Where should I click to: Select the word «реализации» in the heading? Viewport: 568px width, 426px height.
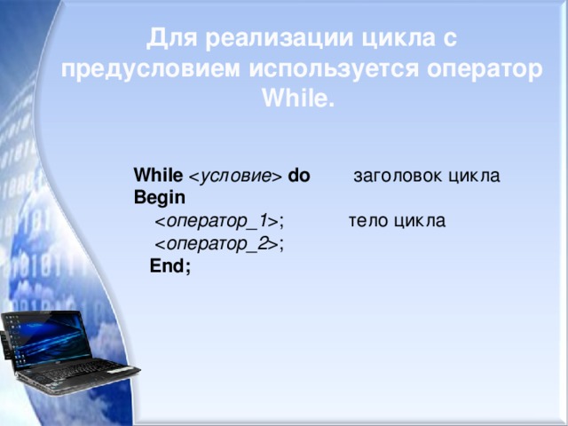[279, 39]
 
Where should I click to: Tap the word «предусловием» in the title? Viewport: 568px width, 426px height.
[150, 69]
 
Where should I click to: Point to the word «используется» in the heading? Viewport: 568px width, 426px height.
[334, 69]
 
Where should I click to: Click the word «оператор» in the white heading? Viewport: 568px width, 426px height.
[485, 70]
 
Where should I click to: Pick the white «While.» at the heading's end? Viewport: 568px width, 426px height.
[298, 98]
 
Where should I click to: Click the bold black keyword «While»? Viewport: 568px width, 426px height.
[158, 176]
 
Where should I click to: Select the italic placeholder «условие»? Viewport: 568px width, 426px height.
[235, 177]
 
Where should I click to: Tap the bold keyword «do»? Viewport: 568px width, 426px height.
[299, 176]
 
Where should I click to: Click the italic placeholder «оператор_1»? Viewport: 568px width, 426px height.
[217, 221]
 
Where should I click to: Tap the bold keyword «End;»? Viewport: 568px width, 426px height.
[170, 266]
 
